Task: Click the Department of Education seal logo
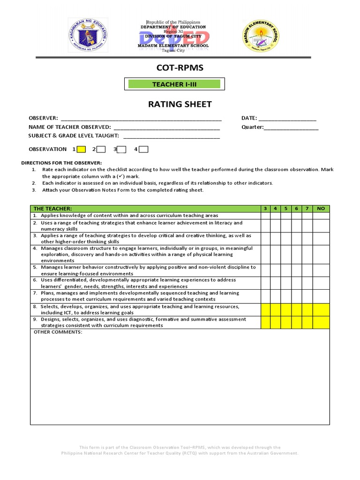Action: tap(88, 36)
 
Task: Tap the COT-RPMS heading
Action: tap(180, 68)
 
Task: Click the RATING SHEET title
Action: tap(180, 104)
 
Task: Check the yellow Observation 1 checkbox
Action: tap(81, 150)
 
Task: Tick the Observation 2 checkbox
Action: tap(101, 150)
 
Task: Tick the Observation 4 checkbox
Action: tap(143, 150)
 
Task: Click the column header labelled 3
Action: tap(265, 209)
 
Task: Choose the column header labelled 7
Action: tap(307, 209)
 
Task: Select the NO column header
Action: tap(321, 209)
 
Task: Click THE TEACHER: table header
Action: tap(52, 209)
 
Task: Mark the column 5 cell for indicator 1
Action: tap(286, 216)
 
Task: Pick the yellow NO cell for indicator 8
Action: tap(321, 309)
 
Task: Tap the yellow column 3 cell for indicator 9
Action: tap(265, 322)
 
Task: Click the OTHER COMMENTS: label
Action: tap(58, 332)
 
